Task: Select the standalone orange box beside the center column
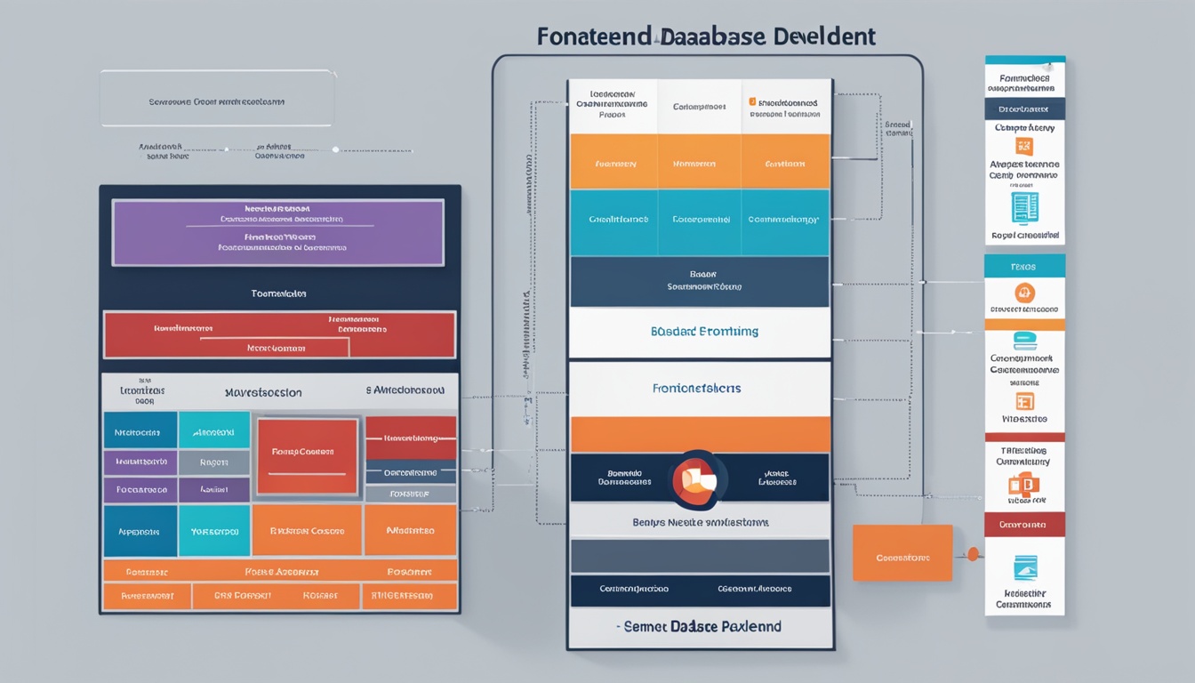[902, 552]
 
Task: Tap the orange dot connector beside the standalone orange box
[973, 553]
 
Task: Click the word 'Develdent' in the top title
[826, 36]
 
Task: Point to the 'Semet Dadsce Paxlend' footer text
[701, 626]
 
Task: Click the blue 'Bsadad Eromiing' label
[703, 331]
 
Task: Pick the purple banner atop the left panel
[277, 233]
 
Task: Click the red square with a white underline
[308, 456]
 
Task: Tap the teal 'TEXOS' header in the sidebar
[1024, 266]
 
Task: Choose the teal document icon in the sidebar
[1024, 207]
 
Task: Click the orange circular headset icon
[1024, 293]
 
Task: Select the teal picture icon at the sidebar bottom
[1024, 568]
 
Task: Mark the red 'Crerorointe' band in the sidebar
[1024, 525]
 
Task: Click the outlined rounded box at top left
[218, 99]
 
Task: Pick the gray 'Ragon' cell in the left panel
[213, 462]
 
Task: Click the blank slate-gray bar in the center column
[700, 556]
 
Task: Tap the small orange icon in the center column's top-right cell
[752, 102]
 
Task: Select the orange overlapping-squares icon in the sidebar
[1023, 486]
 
